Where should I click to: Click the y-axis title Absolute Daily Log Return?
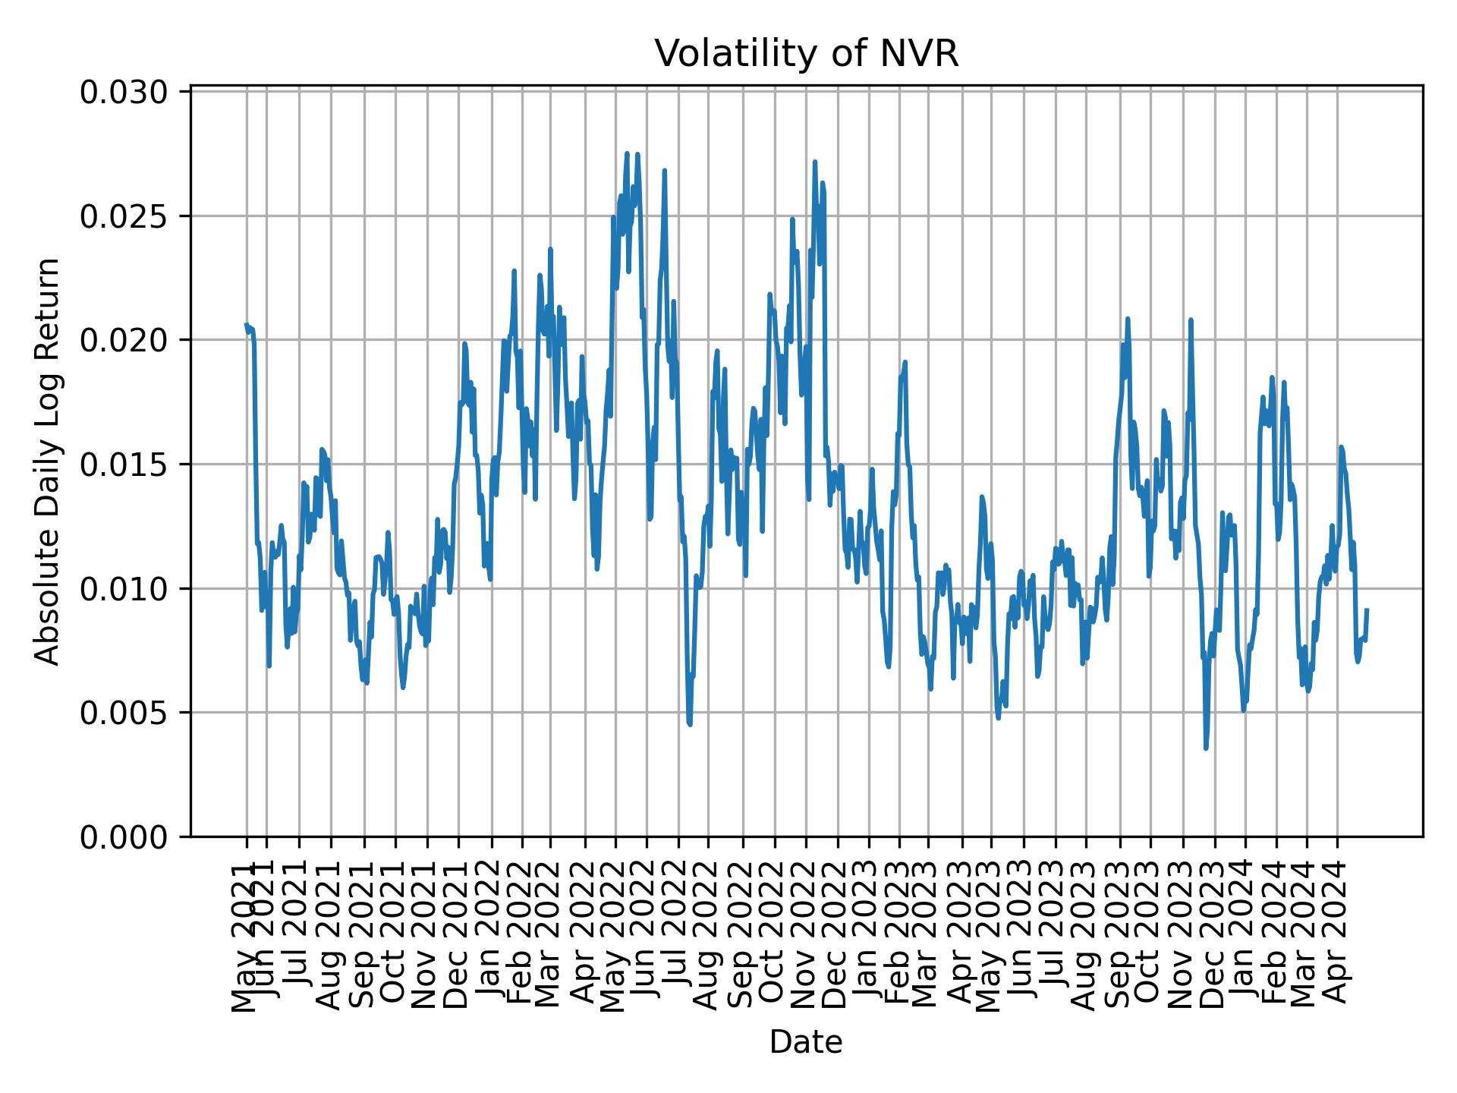coord(49,461)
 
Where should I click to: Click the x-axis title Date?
coord(806,1042)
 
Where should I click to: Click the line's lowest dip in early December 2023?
coord(1206,748)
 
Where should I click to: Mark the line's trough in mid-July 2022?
coord(690,724)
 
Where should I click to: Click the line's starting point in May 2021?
coord(246,325)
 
